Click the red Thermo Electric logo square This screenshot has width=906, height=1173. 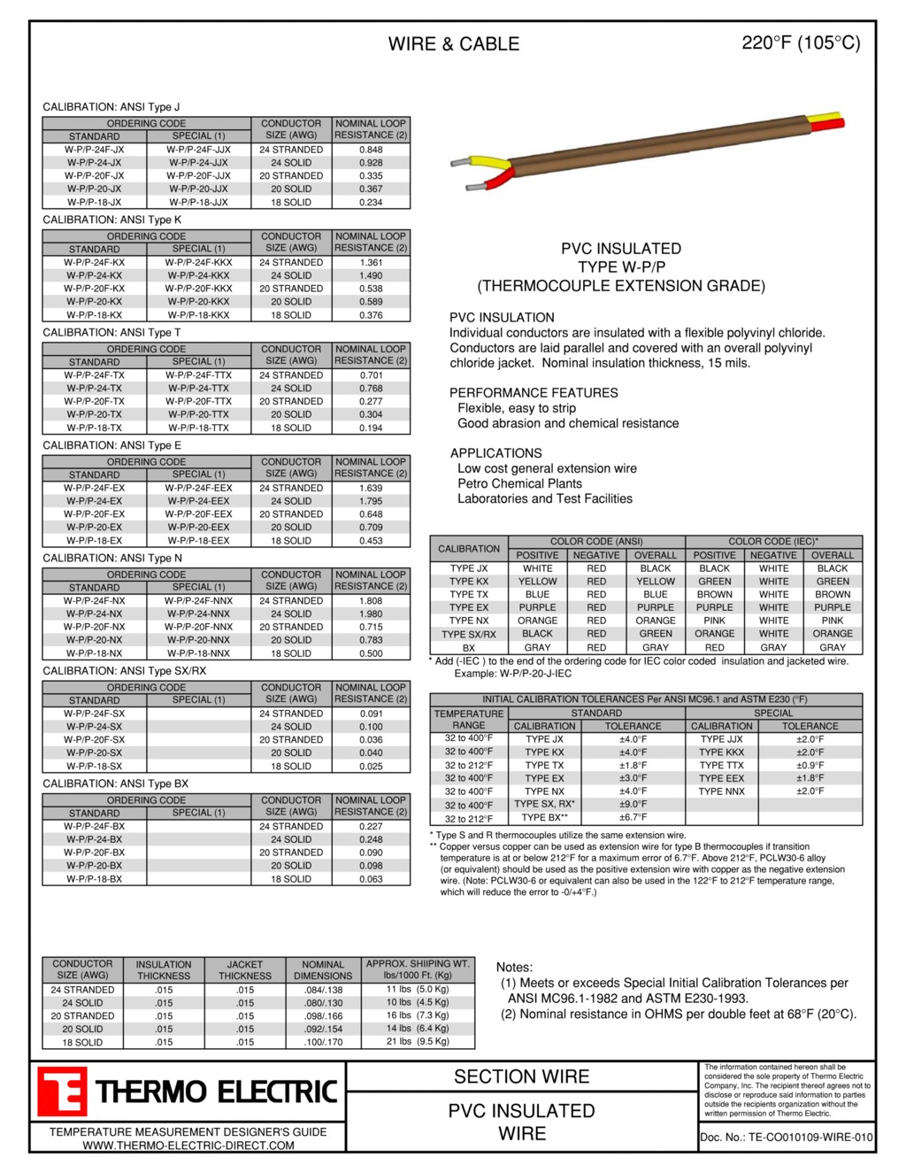(61, 1092)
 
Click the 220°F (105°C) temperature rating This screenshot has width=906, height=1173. (801, 42)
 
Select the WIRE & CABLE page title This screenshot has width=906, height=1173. (453, 43)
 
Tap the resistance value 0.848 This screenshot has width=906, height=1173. (371, 150)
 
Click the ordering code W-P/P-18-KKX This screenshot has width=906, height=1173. (198, 315)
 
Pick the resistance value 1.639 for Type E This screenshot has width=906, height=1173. (371, 488)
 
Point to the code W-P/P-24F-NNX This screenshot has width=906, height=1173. (198, 601)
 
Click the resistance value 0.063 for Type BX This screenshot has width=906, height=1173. (371, 879)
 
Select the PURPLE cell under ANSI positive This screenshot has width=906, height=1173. (537, 607)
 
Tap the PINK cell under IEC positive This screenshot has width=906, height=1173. (714, 621)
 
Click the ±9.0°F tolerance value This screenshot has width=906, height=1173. (633, 805)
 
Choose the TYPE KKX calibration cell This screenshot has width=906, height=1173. (722, 752)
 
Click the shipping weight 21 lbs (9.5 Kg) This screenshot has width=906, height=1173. (418, 1042)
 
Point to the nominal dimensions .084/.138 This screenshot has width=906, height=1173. (323, 990)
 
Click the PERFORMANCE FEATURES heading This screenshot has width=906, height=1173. (534, 393)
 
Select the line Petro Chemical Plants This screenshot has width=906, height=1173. (519, 483)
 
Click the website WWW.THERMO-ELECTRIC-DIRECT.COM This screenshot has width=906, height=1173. (188, 1146)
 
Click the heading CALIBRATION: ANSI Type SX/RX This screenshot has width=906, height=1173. (125, 671)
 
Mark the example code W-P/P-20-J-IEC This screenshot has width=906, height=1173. (513, 674)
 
